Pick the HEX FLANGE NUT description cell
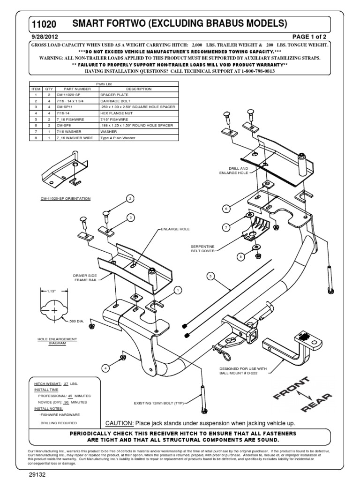[x=112, y=113]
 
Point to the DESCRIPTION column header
[x=139, y=89]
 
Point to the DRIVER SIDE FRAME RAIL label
[x=84, y=278]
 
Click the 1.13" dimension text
[x=52, y=292]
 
